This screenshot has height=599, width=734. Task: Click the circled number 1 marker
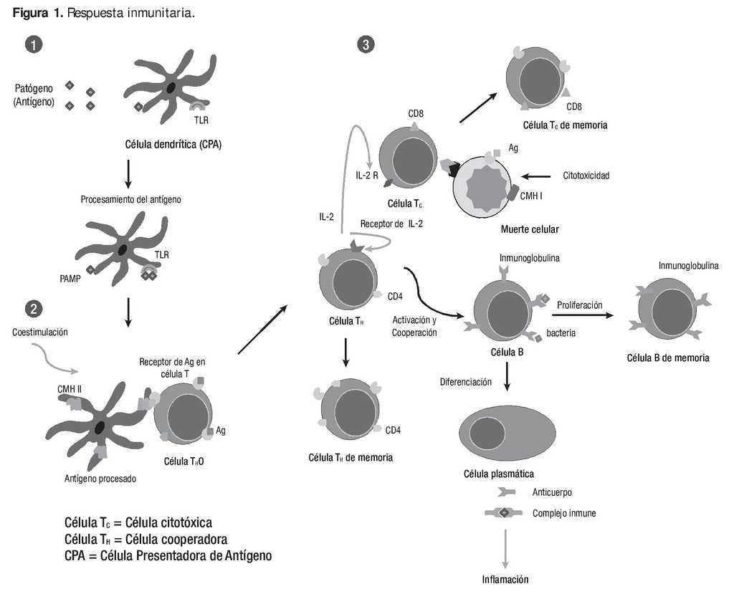coord(34,44)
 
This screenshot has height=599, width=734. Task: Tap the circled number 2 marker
coord(34,309)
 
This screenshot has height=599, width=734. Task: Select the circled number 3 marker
coord(366,44)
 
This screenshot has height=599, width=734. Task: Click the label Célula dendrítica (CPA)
coord(173,144)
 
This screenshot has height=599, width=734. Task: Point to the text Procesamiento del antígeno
coord(130,199)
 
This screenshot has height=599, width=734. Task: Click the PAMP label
coord(70,279)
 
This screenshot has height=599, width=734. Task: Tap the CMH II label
coord(70,389)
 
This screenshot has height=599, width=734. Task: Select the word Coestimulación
coord(40,332)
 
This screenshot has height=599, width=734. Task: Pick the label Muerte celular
coord(530,229)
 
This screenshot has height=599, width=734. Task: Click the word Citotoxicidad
coord(586,176)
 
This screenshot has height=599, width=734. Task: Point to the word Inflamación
coord(505,580)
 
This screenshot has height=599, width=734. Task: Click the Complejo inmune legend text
coord(564,513)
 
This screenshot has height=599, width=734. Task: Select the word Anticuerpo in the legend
coord(552,492)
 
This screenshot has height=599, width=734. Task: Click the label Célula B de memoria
coord(668,358)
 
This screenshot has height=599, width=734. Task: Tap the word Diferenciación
coord(466,382)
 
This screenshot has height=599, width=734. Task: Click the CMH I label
coord(531,196)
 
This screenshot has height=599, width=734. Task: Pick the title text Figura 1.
coord(37,13)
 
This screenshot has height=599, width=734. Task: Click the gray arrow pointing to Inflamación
coord(505,549)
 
